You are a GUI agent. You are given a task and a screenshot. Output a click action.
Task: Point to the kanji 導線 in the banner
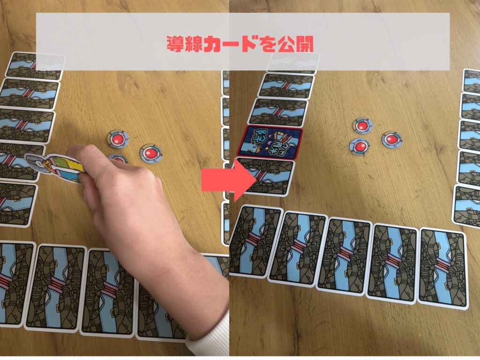[185, 45]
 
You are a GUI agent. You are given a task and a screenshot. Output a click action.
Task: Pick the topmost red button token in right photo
[361, 125]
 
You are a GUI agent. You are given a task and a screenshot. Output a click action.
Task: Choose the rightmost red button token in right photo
[391, 139]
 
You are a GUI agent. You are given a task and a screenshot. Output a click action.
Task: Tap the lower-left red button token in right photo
[360, 146]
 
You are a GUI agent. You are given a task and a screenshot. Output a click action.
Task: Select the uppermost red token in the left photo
[117, 139]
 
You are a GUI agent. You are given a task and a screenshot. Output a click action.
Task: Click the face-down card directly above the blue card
[278, 112]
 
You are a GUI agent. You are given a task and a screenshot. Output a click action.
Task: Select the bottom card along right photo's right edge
[467, 206]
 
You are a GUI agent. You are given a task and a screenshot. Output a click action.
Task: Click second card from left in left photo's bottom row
[56, 286]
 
